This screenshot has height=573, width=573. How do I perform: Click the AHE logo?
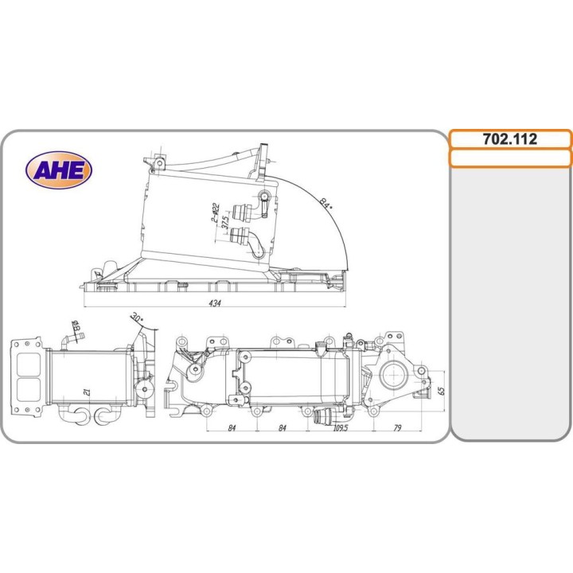click(x=59, y=170)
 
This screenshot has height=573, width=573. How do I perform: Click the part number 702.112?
click(x=510, y=139)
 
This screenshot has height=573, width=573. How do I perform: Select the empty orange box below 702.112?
click(x=510, y=158)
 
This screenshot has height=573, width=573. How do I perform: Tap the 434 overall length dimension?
click(x=215, y=303)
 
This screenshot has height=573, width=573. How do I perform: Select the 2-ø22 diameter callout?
click(x=215, y=213)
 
